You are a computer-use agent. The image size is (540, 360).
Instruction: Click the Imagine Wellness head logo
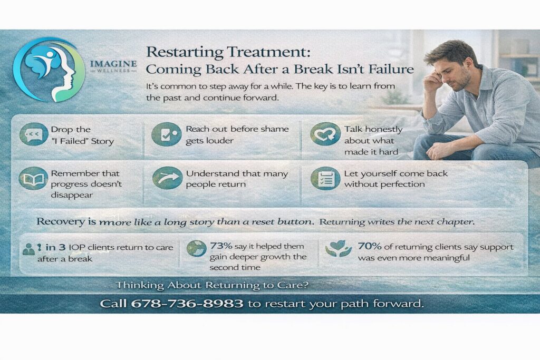(49, 70)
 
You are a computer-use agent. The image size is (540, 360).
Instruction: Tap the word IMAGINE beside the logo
(113, 64)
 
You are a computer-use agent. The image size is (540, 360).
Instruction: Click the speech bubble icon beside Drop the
(34, 134)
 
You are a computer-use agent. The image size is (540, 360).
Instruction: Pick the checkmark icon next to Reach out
(166, 134)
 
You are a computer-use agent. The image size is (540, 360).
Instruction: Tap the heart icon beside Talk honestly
(325, 134)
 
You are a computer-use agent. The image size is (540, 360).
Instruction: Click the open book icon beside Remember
(33, 179)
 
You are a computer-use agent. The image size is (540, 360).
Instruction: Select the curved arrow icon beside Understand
(167, 178)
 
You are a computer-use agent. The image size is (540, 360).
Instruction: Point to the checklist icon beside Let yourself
(325, 179)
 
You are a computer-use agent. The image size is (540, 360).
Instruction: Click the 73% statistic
(221, 246)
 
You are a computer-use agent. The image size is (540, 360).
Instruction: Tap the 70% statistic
(370, 246)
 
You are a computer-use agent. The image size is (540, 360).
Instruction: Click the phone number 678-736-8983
(187, 304)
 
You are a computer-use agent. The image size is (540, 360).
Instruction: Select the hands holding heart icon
(338, 248)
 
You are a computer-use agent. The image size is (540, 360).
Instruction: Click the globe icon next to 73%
(196, 248)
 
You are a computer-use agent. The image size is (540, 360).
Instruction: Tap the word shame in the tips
(274, 129)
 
